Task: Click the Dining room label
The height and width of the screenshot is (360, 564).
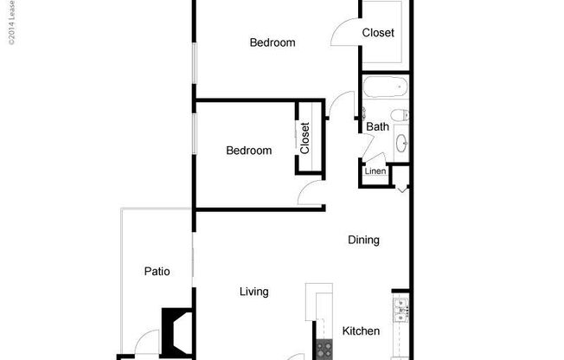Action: tap(363, 241)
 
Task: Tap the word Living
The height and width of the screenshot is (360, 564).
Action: tap(253, 292)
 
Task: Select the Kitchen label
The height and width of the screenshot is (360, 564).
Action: tap(361, 331)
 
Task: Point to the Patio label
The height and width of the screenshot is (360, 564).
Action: tap(157, 272)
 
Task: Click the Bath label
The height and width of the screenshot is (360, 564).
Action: tap(377, 126)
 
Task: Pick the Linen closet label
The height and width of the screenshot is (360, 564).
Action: tap(375, 171)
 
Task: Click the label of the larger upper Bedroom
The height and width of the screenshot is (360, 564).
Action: tap(272, 42)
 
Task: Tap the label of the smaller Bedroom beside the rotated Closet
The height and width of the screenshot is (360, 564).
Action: tap(248, 151)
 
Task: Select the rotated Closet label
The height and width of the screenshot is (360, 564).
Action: tap(305, 138)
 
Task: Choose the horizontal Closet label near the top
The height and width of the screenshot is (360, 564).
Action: tap(378, 33)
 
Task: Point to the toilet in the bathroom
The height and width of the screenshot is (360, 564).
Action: tap(399, 115)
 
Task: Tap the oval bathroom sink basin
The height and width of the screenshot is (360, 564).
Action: tap(401, 143)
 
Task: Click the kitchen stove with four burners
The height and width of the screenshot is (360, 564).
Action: tap(325, 350)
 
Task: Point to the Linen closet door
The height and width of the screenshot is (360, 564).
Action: tap(374, 161)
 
